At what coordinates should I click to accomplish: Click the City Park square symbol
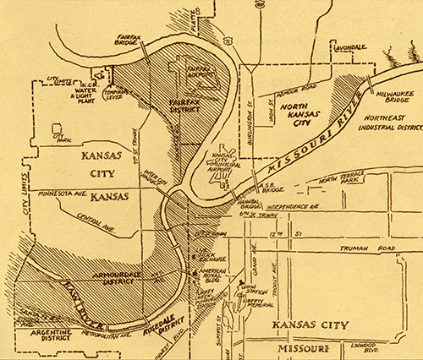pos(58,130)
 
